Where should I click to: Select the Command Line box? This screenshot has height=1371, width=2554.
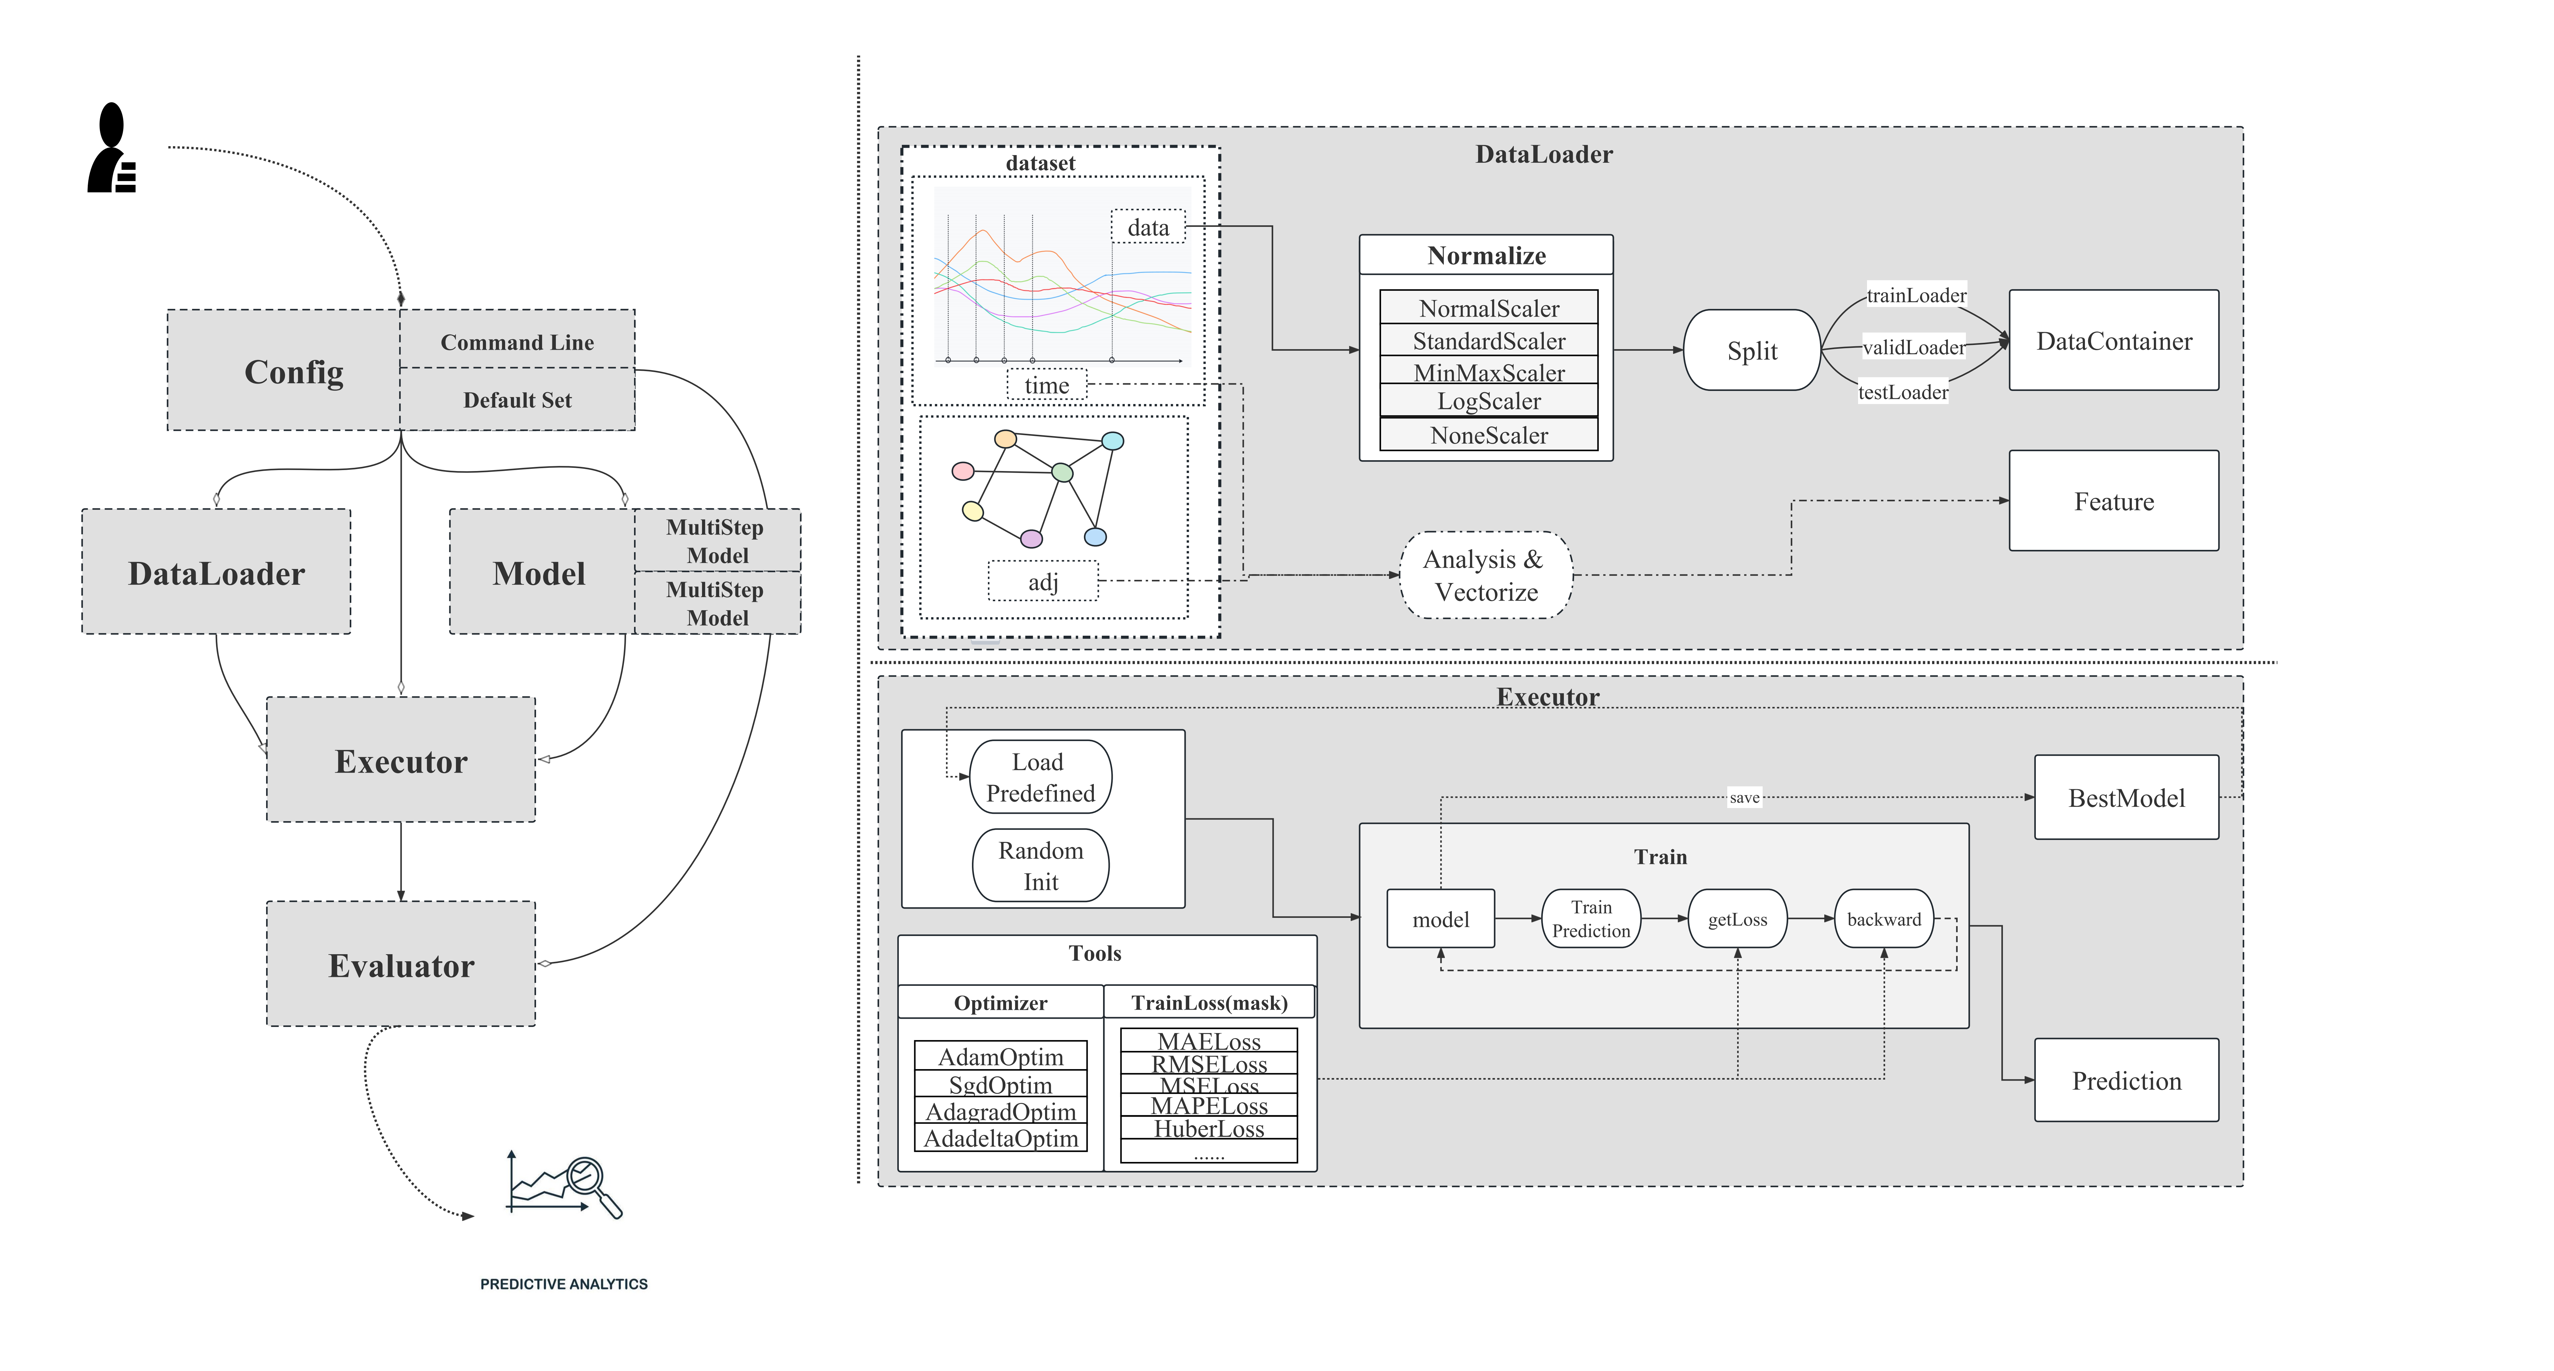click(x=517, y=342)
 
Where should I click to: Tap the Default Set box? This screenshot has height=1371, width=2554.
click(x=517, y=400)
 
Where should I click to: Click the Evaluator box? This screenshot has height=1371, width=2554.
click(x=400, y=964)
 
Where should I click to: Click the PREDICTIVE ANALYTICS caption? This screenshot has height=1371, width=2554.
click(x=563, y=1284)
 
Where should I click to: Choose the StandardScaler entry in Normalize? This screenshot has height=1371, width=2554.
click(x=1488, y=341)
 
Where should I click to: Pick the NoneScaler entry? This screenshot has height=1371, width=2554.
click(x=1488, y=435)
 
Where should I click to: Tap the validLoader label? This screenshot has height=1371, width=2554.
click(x=1913, y=347)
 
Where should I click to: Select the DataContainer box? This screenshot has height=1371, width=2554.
click(x=2113, y=341)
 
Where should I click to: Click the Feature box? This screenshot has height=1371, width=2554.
click(x=2113, y=502)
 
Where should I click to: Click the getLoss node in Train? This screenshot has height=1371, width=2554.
click(x=1737, y=919)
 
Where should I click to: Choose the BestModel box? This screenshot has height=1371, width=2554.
click(x=2126, y=798)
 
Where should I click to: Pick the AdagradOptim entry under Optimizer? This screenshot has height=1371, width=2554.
click(x=1000, y=1111)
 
